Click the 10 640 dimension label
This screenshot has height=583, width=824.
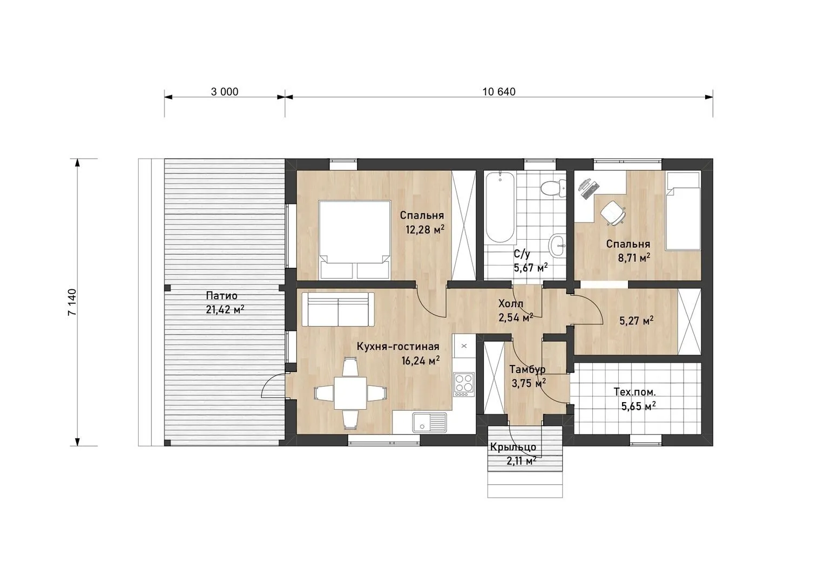tap(499, 92)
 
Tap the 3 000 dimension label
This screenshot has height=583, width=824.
tap(225, 92)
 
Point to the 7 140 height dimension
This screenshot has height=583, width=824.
tap(72, 302)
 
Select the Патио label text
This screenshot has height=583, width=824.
tap(221, 296)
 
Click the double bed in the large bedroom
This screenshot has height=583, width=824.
tap(355, 240)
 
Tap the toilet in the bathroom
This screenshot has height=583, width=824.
tap(553, 188)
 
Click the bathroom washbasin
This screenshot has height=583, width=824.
tap(557, 245)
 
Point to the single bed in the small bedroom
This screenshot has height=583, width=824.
tap(684, 211)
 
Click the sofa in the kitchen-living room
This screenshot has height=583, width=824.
tap(338, 309)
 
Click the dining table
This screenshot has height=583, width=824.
tap(350, 393)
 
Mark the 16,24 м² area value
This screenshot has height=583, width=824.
tap(421, 361)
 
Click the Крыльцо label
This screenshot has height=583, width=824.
tap(513, 448)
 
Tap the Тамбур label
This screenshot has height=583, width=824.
tap(527, 369)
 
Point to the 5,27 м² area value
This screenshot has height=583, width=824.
tap(637, 321)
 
